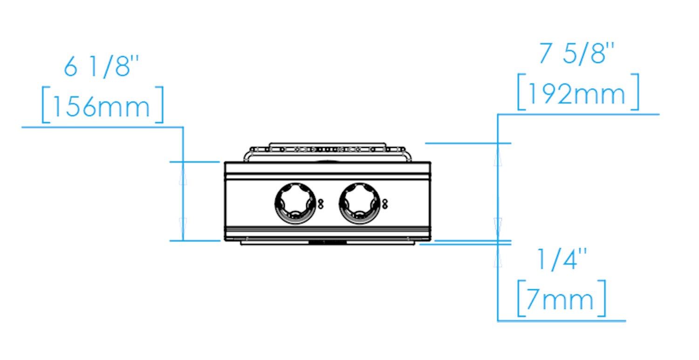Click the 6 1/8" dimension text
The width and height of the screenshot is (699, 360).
pyautogui.click(x=102, y=68)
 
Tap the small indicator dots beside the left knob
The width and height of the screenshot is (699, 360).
pyautogui.click(x=321, y=203)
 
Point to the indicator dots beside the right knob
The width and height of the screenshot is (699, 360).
pyautogui.click(x=385, y=203)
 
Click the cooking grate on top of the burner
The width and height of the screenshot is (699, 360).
pyautogui.click(x=326, y=149)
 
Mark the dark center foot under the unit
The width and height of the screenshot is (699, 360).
pyautogui.click(x=328, y=242)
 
